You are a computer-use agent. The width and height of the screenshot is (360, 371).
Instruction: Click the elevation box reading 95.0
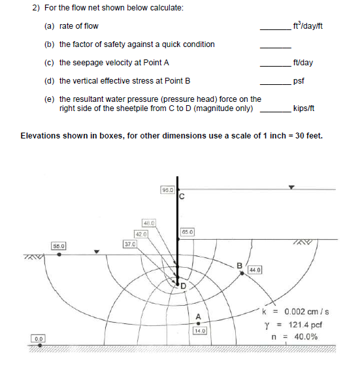pyautogui.click(x=167, y=190)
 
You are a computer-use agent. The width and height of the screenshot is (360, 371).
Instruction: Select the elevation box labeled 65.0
pyautogui.click(x=188, y=231)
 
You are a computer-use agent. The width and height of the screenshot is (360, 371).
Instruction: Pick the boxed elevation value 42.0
pyautogui.click(x=141, y=233)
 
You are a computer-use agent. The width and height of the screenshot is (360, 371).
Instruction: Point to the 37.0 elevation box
pyautogui.click(x=129, y=243)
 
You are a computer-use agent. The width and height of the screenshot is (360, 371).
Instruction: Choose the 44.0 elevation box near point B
pyautogui.click(x=254, y=269)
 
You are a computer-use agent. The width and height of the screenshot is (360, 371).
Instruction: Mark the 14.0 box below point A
pyautogui.click(x=199, y=331)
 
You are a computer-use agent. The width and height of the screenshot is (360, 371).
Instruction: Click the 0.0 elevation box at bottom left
pyautogui.click(x=40, y=338)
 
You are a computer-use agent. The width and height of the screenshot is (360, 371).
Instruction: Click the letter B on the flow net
pyautogui.click(x=240, y=265)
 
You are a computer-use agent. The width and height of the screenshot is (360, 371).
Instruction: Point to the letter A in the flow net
pyautogui.click(x=197, y=318)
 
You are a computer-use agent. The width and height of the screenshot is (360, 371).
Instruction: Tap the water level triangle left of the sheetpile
pyautogui.click(x=97, y=251)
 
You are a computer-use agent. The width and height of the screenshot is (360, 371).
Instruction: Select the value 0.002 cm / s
pyautogui.click(x=303, y=312)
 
